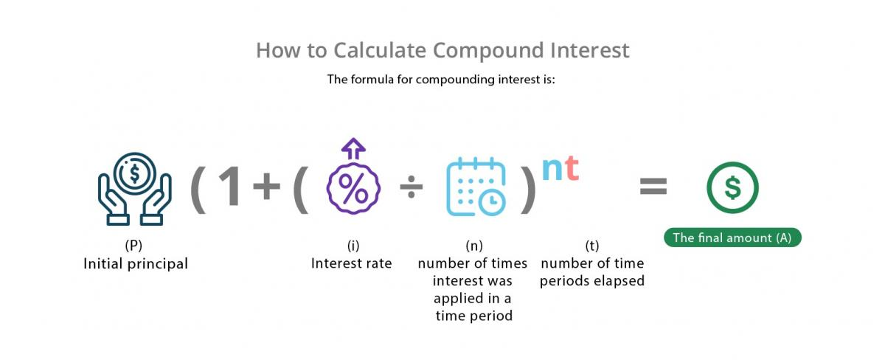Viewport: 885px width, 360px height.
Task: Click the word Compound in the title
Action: (487, 51)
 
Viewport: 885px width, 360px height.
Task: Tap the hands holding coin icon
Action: (135, 189)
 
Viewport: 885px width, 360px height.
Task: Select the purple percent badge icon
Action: (353, 188)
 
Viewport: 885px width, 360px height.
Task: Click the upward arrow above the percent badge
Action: (353, 149)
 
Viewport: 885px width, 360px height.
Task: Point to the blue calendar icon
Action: (476, 187)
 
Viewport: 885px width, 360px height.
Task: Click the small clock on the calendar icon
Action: (492, 202)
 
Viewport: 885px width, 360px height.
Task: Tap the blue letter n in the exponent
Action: (552, 169)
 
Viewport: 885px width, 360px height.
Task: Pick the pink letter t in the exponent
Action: (572, 167)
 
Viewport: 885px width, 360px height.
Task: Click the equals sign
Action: (653, 186)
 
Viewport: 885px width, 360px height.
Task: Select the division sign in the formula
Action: (412, 187)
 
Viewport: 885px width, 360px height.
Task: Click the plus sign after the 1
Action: (267, 186)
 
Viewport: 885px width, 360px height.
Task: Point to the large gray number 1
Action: (230, 186)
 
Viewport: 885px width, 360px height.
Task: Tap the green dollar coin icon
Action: (732, 187)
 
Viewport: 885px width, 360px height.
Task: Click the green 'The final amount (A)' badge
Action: (732, 238)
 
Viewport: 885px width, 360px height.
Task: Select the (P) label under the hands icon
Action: (133, 246)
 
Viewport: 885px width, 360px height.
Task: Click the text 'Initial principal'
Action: (136, 264)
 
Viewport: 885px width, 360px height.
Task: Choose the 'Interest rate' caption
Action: (351, 263)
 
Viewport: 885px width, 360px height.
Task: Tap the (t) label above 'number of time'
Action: (591, 246)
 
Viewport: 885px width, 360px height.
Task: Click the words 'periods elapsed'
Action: (591, 281)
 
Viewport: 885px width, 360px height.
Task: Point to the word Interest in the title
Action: (590, 51)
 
